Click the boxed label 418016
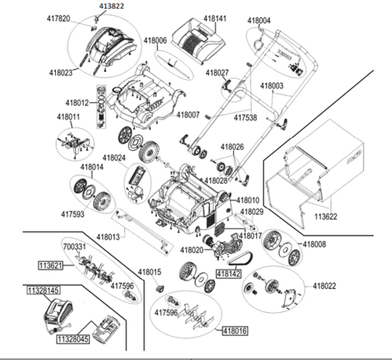(235, 330)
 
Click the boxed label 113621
(51, 266)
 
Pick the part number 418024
(114, 157)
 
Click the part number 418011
(69, 117)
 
